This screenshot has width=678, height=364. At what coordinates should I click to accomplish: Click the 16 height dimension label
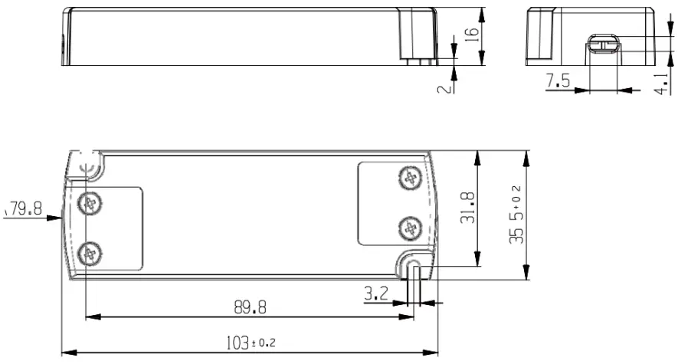(472, 34)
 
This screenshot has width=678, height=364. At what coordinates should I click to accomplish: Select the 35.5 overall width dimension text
(516, 215)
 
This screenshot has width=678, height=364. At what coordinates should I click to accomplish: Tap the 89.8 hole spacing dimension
(250, 307)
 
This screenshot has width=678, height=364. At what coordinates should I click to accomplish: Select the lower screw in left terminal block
(91, 251)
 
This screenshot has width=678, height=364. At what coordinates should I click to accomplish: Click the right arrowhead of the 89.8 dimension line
(406, 316)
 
